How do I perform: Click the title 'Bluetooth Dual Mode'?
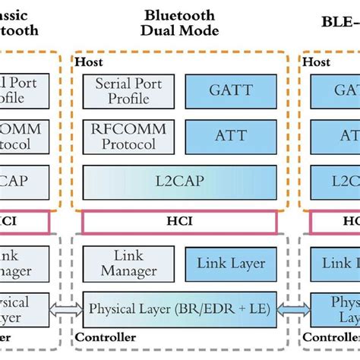click(179, 22)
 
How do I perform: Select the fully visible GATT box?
click(231, 91)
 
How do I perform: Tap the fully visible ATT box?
click(231, 136)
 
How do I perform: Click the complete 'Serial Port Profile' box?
click(128, 91)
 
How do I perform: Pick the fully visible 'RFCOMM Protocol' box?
click(128, 136)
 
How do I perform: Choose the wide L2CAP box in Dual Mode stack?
click(179, 182)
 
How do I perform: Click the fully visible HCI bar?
click(179, 222)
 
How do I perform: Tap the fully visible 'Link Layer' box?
click(231, 264)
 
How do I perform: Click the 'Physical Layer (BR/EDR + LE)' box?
click(179, 309)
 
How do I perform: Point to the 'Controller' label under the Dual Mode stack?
click(106, 337)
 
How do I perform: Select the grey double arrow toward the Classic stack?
click(66, 309)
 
